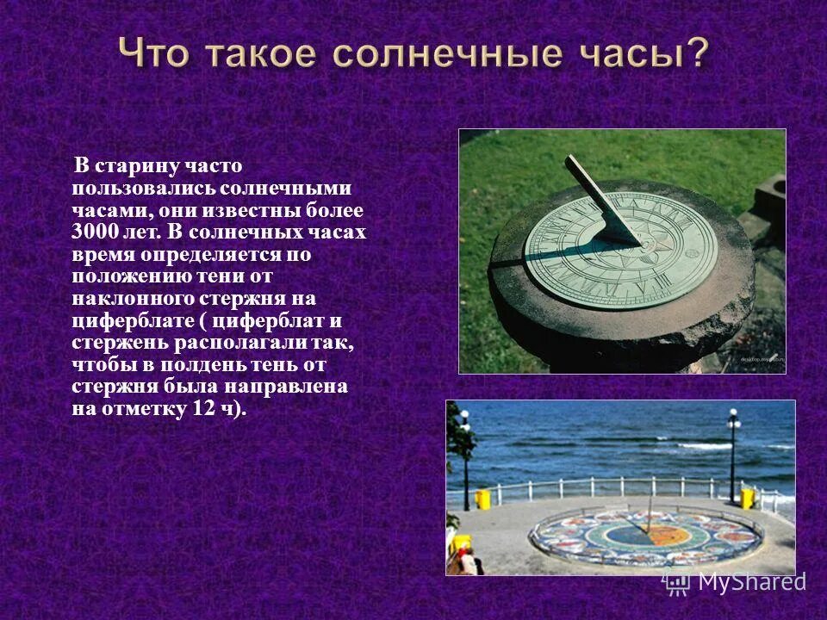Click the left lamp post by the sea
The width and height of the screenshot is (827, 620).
[465, 461]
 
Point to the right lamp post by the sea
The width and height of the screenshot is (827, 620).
[733, 456]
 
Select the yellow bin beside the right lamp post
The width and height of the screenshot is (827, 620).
[747, 499]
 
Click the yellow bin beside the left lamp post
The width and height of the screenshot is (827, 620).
[482, 499]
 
